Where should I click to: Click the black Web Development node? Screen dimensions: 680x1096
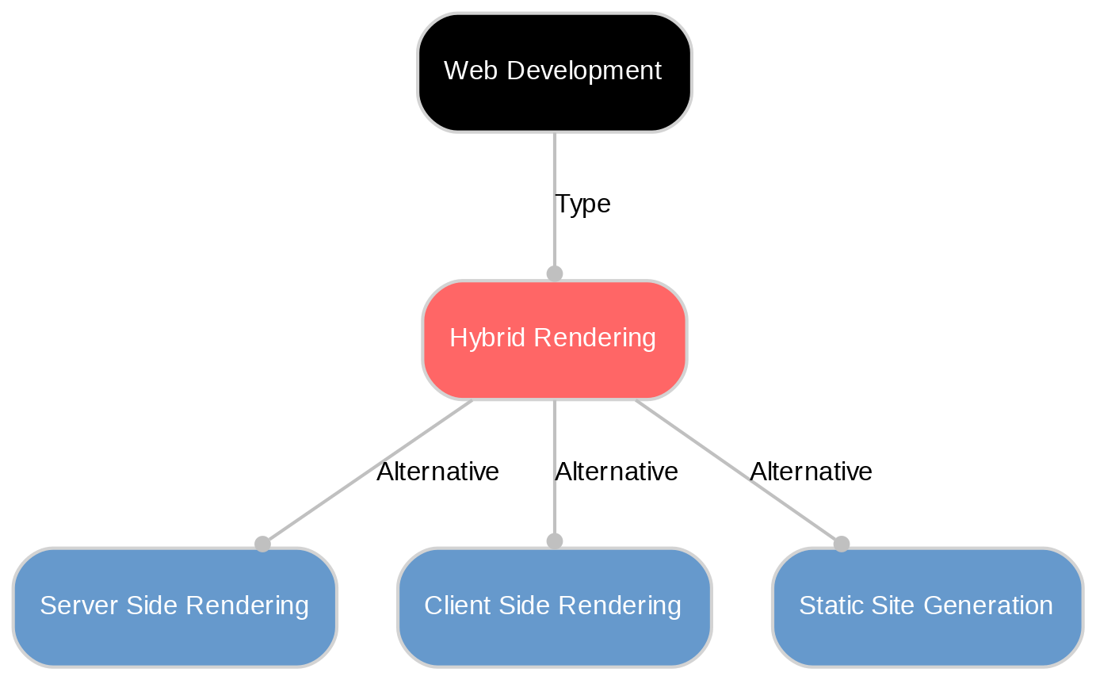click(x=554, y=72)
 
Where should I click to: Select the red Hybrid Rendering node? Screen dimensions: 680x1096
click(x=554, y=339)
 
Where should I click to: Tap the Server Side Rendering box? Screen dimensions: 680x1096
click(x=174, y=606)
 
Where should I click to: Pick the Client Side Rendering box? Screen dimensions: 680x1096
click(x=554, y=606)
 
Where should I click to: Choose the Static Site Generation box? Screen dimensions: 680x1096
click(x=926, y=606)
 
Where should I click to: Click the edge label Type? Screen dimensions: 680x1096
click(x=582, y=204)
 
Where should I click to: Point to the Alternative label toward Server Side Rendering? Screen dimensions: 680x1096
click(x=437, y=472)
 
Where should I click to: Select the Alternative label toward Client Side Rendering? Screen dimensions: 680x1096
click(x=616, y=472)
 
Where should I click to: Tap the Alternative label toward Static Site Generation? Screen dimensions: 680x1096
click(x=811, y=472)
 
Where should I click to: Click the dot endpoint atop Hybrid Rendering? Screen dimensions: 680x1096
click(x=555, y=273)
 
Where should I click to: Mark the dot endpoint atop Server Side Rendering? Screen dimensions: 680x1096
click(x=262, y=544)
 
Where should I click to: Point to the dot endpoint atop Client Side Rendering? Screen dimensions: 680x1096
click(x=555, y=541)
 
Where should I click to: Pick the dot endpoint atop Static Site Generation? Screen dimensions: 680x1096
click(x=842, y=544)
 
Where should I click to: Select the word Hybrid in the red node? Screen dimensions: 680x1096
click(x=478, y=338)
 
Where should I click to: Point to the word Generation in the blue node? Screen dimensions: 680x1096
click(x=991, y=606)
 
